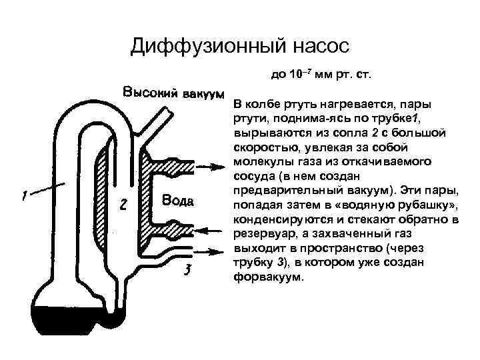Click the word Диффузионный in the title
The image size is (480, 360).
click(x=199, y=47)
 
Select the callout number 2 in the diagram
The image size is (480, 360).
click(x=123, y=205)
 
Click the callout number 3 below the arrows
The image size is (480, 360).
click(x=189, y=271)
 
